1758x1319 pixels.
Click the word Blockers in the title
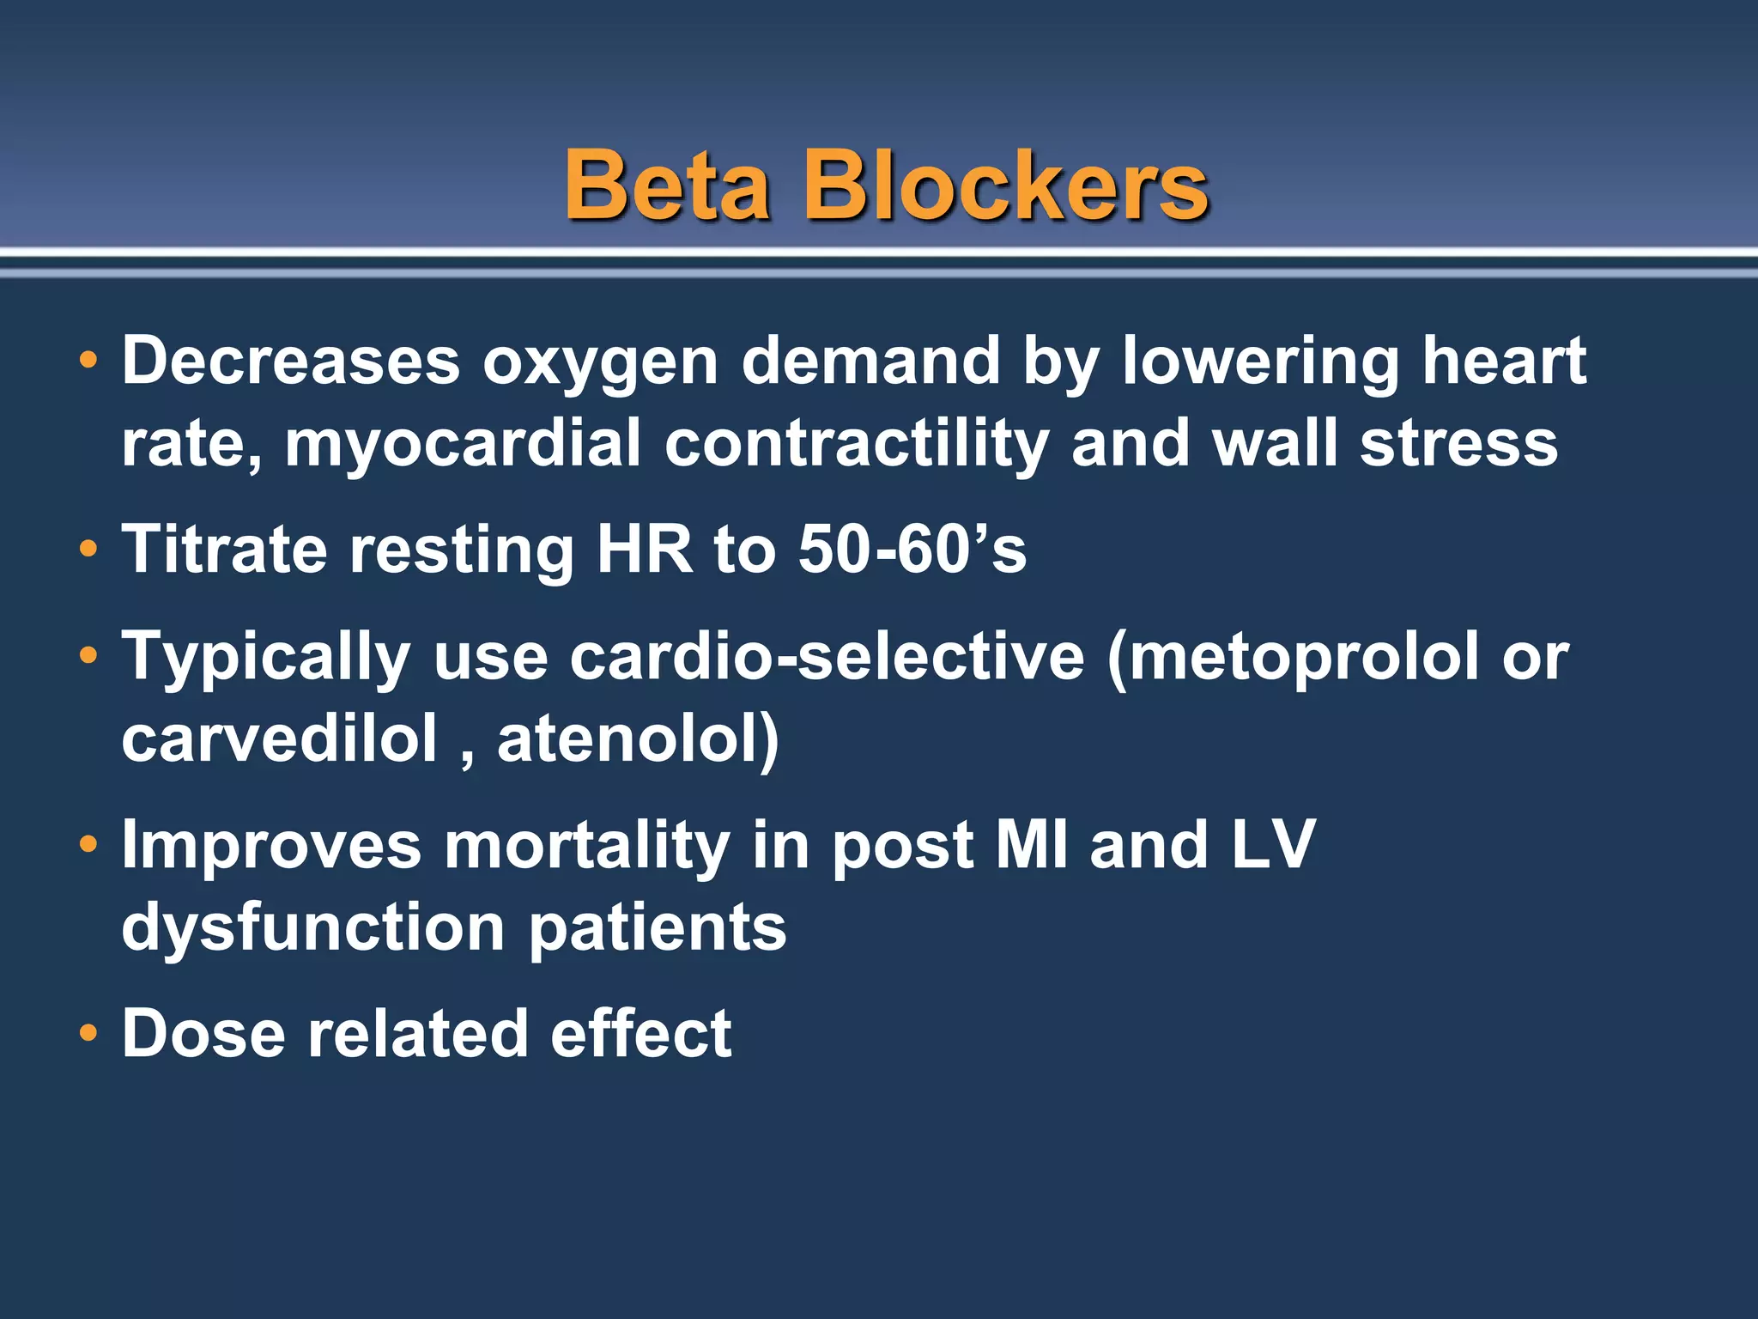click(x=1005, y=185)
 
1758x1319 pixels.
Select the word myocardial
click(x=463, y=444)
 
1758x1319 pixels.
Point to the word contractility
click(x=856, y=444)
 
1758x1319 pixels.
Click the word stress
click(x=1458, y=444)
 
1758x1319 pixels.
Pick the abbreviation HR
click(x=644, y=550)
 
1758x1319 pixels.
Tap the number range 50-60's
click(x=912, y=550)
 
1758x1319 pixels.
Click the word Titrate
click(x=224, y=550)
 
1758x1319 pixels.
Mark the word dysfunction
click(x=313, y=928)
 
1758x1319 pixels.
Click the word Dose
click(x=203, y=1034)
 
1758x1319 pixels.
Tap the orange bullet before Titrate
click(x=88, y=550)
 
